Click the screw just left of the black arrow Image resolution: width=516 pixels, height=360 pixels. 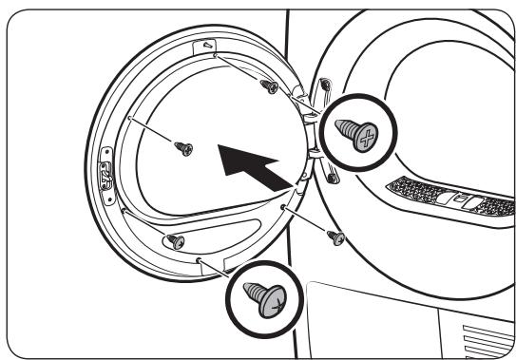click(184, 147)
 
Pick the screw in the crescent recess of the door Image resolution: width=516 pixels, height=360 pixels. click(176, 239)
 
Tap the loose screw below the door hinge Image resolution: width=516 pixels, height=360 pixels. click(334, 237)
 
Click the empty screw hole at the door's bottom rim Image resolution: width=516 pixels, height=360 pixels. click(198, 259)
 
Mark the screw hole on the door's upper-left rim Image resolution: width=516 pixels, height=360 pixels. click(126, 115)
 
